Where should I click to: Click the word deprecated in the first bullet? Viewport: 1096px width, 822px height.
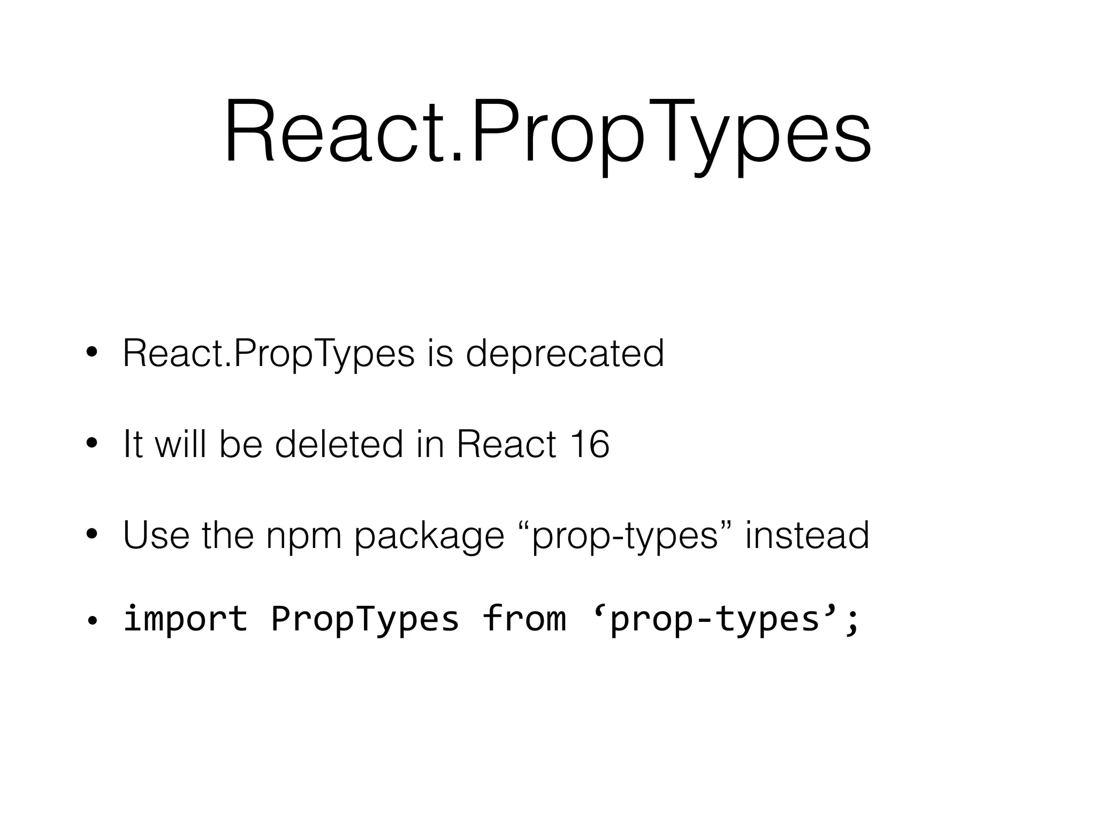point(565,354)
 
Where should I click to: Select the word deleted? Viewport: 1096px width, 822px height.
point(339,444)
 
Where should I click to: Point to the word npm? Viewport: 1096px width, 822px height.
point(303,536)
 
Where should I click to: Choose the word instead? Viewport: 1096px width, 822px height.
point(807,535)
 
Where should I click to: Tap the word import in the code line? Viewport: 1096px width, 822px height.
point(185,619)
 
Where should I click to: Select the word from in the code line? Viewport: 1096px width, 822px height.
point(523,619)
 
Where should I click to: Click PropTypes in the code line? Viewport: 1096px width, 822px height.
point(364,619)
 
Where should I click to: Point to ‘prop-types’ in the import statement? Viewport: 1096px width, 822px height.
point(716,619)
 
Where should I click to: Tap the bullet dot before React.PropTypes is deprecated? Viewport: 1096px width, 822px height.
point(92,353)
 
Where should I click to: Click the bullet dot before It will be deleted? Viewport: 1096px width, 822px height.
point(92,444)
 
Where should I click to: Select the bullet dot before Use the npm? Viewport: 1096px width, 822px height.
point(92,535)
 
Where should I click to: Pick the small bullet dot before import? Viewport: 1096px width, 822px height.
point(92,621)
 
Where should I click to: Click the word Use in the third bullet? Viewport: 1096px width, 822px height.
point(156,535)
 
